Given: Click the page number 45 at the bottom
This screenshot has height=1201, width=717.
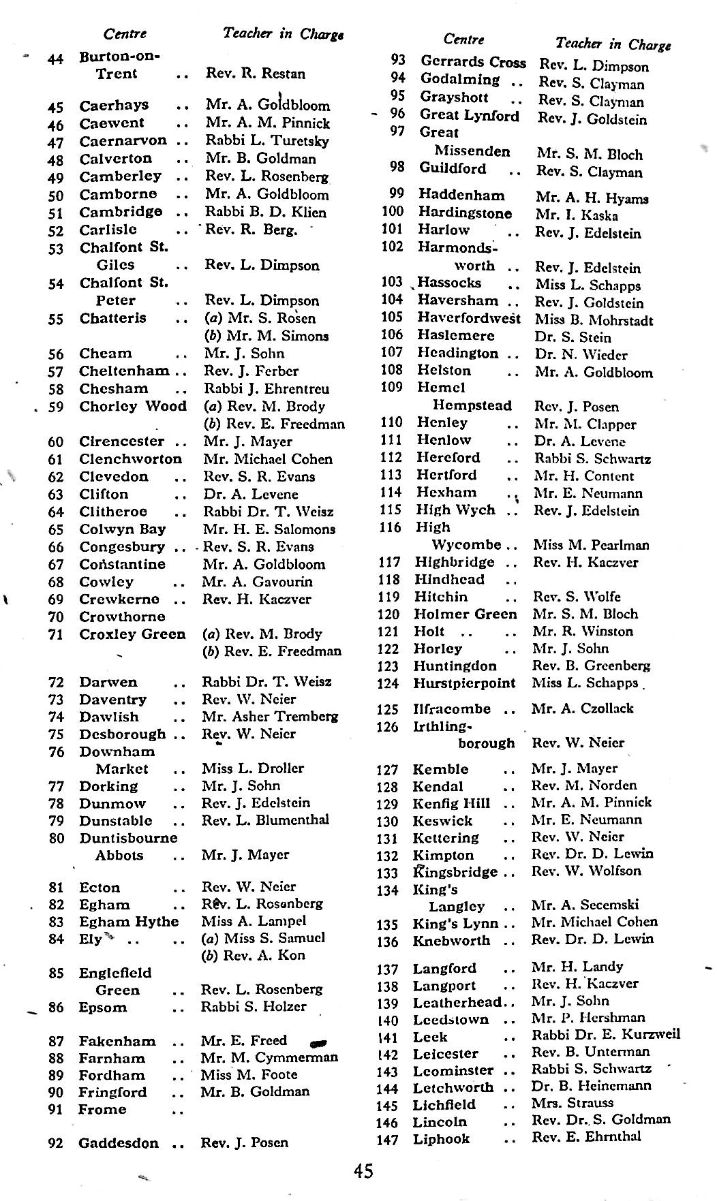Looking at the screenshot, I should click(363, 1171).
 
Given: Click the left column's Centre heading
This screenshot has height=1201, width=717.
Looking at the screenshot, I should click(125, 34).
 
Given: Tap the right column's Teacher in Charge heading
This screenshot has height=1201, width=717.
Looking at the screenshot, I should click(613, 44).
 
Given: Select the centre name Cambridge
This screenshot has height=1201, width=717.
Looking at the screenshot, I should click(121, 212).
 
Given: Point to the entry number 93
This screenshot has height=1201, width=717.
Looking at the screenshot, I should click(398, 61).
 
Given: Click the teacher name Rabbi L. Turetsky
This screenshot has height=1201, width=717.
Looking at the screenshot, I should click(267, 141).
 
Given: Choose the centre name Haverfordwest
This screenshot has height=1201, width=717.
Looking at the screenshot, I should click(469, 318).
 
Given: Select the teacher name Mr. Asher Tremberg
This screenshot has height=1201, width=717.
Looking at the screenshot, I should click(270, 717).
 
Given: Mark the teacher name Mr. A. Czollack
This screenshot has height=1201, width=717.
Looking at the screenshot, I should click(583, 708).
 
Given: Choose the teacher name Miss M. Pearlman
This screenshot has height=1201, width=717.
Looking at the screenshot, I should click(591, 545).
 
